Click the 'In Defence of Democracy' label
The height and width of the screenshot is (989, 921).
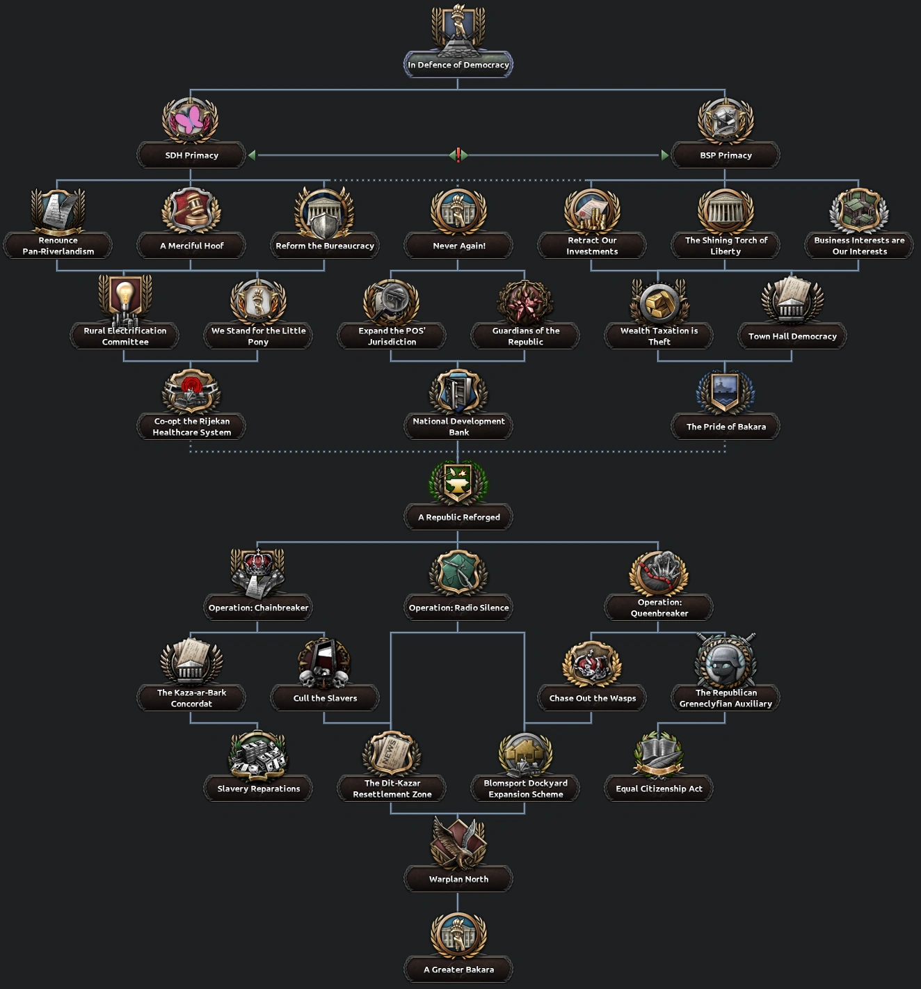[x=458, y=65]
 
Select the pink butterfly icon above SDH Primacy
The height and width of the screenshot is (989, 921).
[x=190, y=120]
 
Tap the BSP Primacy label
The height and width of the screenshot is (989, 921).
[x=726, y=155]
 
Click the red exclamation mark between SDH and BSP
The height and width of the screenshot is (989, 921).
[x=458, y=155]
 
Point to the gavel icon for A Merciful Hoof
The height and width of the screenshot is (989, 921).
[x=191, y=210]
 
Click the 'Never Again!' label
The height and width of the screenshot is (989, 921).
[x=458, y=246]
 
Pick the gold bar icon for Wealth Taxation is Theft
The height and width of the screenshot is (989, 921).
[x=658, y=301]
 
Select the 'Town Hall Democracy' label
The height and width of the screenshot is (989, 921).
[x=792, y=336]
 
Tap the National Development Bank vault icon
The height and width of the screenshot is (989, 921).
[x=458, y=391]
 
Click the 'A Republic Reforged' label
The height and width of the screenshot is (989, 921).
[x=458, y=517]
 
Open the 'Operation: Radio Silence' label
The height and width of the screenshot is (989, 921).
[x=458, y=608]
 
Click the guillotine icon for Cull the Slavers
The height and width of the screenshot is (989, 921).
[x=324, y=663]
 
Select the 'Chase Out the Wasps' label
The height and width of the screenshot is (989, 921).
[x=592, y=698]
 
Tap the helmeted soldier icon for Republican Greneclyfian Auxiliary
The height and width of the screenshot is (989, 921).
[x=726, y=663]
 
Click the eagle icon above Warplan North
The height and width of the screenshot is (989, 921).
[x=458, y=842]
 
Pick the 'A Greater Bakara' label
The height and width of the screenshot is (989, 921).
[x=458, y=970]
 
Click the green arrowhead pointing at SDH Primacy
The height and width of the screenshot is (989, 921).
[x=252, y=155]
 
